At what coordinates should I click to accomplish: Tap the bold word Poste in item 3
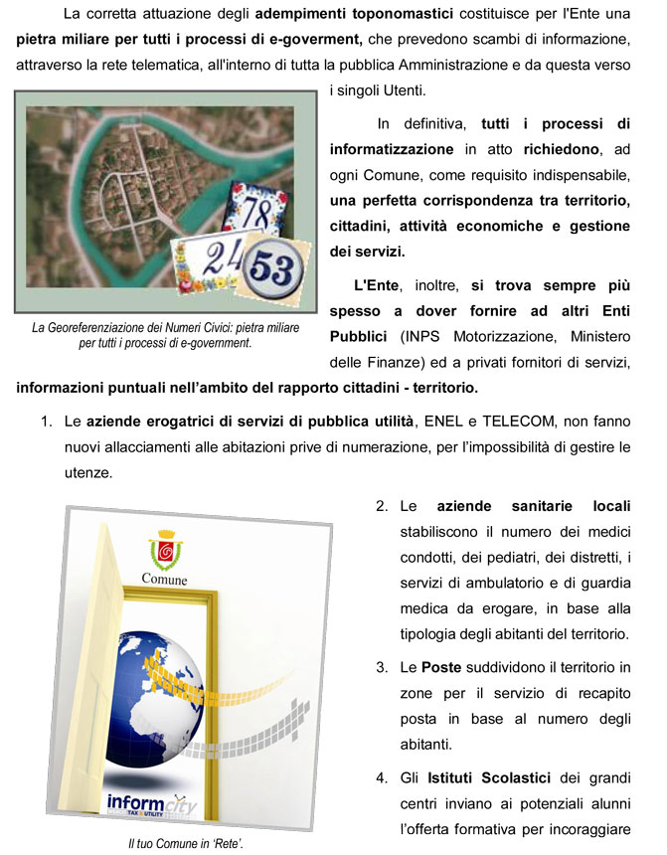[441, 666]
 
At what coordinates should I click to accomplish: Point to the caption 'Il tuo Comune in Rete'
[186, 844]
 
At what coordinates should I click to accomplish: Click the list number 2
[382, 507]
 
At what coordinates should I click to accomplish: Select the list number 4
[382, 775]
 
